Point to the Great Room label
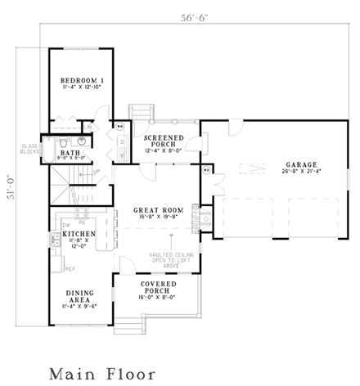156,210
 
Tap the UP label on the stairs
97,172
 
